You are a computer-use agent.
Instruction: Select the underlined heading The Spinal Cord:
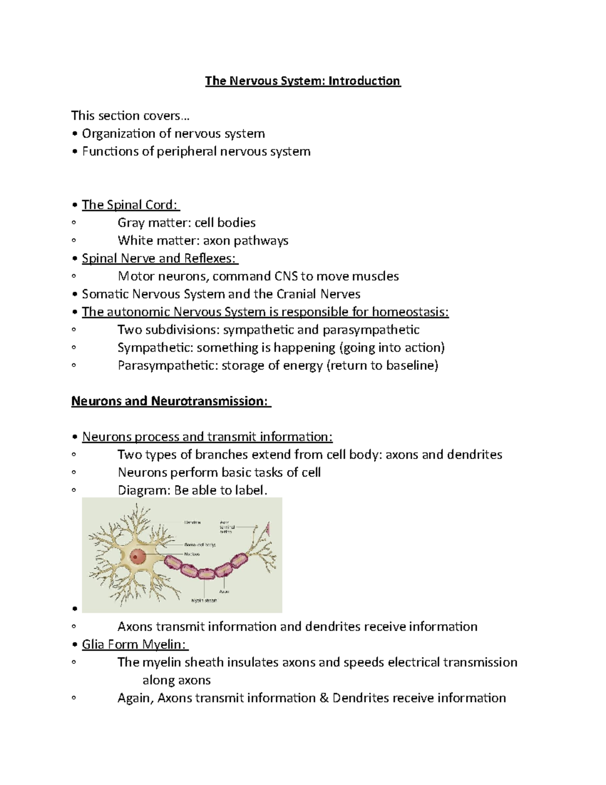tap(130, 205)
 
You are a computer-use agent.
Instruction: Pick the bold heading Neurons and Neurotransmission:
tap(171, 401)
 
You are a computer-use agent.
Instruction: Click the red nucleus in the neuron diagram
tap(137, 557)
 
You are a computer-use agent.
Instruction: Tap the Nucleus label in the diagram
tap(192, 554)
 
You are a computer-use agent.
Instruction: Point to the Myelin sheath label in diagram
tap(204, 601)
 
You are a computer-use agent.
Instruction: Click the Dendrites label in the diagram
tap(192, 522)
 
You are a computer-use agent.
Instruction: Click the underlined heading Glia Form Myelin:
tap(135, 644)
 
